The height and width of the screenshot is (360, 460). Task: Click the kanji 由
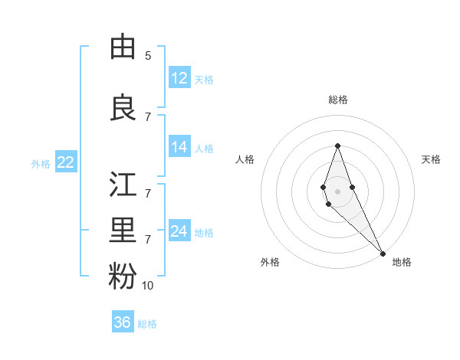[x=123, y=47]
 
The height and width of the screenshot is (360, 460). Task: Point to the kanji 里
[x=123, y=230]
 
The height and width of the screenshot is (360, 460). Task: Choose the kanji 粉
[x=123, y=276]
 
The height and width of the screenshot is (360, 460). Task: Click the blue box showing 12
[x=179, y=78]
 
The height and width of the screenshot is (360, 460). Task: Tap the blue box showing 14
[x=179, y=148]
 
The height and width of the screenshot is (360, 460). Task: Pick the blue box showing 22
[x=65, y=162]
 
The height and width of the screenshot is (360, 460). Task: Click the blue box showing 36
[x=122, y=322]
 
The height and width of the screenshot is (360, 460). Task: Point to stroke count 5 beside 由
[x=148, y=56]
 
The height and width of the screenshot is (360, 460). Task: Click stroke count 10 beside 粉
[x=148, y=286]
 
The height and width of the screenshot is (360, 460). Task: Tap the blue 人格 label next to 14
[x=204, y=149]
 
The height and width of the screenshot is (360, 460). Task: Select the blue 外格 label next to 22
[x=41, y=163]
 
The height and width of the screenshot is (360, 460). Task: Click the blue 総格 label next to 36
[x=147, y=324]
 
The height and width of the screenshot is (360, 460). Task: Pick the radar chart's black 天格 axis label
[x=431, y=159]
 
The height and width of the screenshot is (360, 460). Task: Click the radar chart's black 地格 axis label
[x=402, y=262]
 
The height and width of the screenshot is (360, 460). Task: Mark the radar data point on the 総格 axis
[x=337, y=146]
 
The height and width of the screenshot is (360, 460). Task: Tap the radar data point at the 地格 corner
[x=383, y=254]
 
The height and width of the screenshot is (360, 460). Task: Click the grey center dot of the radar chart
[x=337, y=191]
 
